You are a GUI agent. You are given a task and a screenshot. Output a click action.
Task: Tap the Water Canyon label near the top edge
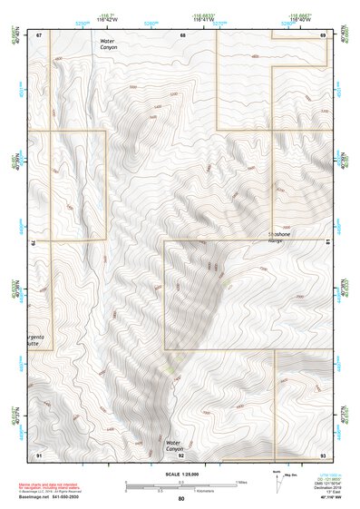point(109,44)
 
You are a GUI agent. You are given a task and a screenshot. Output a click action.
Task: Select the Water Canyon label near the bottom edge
point(174,445)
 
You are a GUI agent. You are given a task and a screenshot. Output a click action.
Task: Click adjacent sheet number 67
point(38,34)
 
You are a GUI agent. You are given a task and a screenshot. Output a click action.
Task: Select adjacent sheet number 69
point(323,34)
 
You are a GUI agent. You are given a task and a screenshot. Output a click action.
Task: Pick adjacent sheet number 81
point(326,243)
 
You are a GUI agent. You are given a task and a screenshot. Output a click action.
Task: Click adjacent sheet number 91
point(38,454)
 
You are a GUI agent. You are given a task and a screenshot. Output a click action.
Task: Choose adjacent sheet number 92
point(181,455)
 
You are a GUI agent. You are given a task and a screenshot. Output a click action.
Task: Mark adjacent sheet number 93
point(323,454)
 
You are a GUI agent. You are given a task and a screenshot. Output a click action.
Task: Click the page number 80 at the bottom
point(180,499)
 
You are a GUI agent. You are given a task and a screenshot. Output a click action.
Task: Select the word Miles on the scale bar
point(239,482)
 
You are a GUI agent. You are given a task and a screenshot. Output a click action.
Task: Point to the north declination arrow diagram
point(279,479)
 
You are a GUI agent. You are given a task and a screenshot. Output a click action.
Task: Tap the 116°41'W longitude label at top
point(205,19)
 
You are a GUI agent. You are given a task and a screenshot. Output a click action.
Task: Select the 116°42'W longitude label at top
point(109,19)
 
